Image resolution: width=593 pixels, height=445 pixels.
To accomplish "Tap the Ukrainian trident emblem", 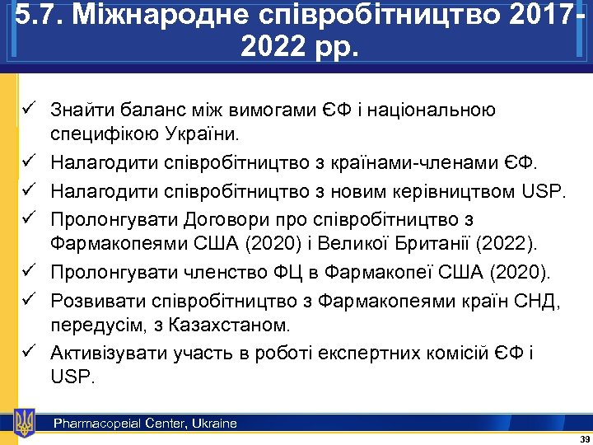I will [x=25, y=422].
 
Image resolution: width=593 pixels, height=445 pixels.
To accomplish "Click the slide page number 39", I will [x=584, y=438].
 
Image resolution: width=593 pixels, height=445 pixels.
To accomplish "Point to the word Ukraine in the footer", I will [x=213, y=424].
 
